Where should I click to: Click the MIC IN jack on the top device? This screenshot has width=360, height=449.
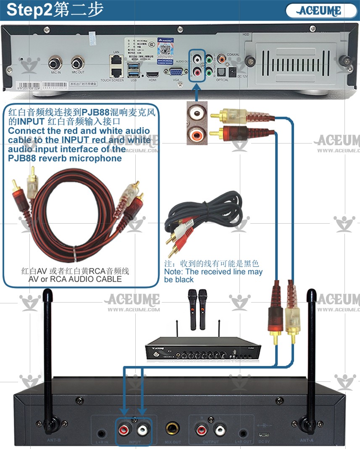pyautogui.click(x=54, y=64)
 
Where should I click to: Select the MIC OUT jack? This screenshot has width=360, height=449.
pyautogui.click(x=78, y=64)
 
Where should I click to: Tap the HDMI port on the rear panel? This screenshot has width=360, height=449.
pyautogui.click(x=152, y=75)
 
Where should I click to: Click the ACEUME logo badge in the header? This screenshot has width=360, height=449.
pyautogui.click(x=319, y=10)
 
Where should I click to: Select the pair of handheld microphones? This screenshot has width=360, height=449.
pyautogui.click(x=197, y=308)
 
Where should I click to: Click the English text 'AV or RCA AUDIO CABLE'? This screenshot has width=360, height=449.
pyautogui.click(x=75, y=279)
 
